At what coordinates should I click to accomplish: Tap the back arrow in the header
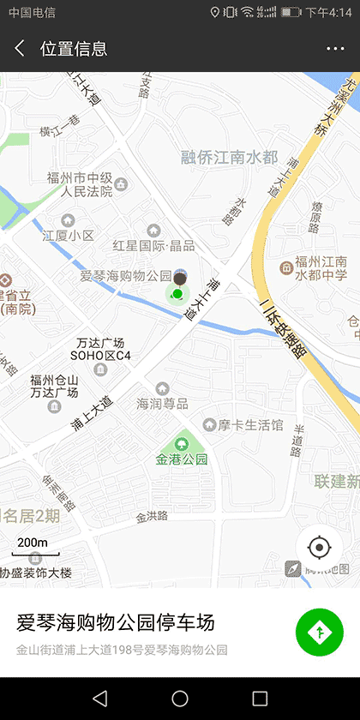[x=20, y=49]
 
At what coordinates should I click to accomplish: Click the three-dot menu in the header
[x=335, y=49]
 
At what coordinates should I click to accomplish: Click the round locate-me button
[x=320, y=546]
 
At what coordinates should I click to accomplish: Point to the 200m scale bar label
[x=33, y=543]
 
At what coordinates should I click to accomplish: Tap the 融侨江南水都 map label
[x=230, y=157]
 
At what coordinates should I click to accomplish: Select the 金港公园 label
[x=182, y=459]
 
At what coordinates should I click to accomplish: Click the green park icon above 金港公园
[x=182, y=443]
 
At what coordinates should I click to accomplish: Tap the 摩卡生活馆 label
[x=249, y=424]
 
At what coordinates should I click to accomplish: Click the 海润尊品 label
[x=162, y=403]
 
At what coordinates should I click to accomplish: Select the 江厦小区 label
[x=69, y=235]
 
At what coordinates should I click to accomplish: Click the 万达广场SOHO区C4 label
[x=101, y=348]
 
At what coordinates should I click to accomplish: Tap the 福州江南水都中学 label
[x=320, y=268]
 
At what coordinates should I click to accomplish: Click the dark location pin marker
[x=179, y=278]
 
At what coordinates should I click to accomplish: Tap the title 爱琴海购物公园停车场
[x=116, y=622]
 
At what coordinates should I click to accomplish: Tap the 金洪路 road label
[x=152, y=517]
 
